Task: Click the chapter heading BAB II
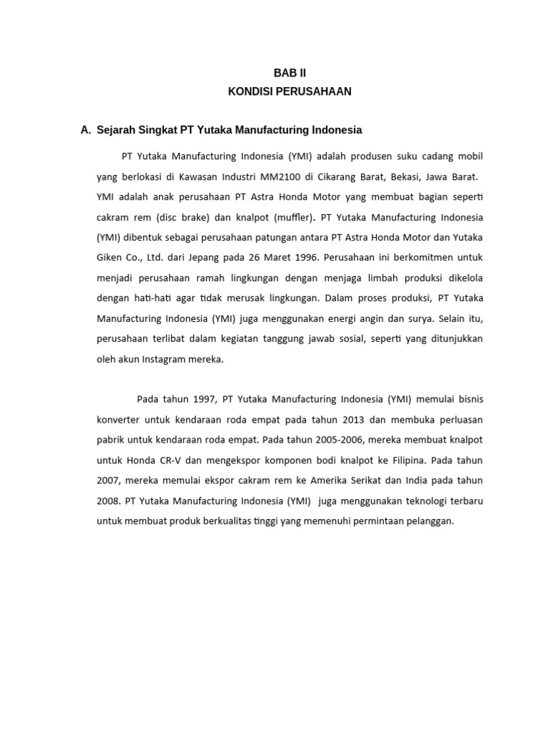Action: (290, 73)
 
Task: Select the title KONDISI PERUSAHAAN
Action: (290, 91)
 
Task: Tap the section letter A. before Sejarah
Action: (86, 130)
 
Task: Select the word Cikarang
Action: (328, 176)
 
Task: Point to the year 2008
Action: (108, 501)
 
